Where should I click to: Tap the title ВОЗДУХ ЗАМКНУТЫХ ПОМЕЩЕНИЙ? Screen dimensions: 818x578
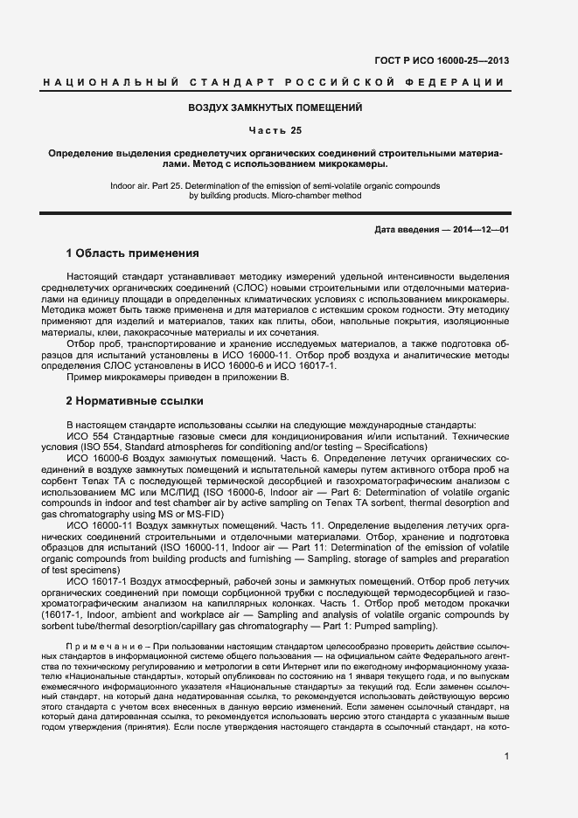coord(275,107)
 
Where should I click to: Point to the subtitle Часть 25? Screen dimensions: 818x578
coord(275,131)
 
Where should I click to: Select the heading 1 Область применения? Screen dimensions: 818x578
coord(132,253)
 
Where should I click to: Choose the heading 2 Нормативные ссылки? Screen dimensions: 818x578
coord(135,401)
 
